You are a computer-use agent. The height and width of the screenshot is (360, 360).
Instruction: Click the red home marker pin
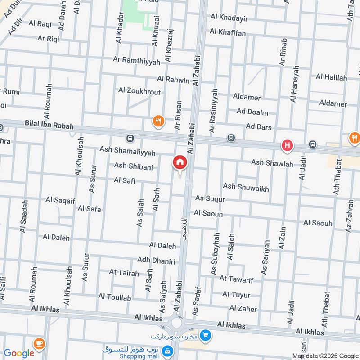[180, 162]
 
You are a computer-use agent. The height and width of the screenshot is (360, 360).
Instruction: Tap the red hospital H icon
[287, 145]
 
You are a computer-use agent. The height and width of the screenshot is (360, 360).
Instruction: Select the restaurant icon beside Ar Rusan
[157, 121]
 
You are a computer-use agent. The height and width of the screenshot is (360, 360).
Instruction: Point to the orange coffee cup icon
[39, 342]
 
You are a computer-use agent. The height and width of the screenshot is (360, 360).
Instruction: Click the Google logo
[19, 353]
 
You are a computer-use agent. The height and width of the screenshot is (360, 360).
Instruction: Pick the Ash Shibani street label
[133, 166]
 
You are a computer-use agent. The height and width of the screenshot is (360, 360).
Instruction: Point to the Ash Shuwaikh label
[246, 187]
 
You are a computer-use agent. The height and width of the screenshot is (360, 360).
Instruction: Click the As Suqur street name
[210, 198]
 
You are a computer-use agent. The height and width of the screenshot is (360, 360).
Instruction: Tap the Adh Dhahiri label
[156, 260]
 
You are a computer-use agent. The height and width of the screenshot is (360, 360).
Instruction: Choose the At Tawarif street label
[236, 279]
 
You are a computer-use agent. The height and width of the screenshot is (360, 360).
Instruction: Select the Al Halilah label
[331, 77]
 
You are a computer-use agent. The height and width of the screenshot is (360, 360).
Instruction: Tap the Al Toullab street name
[115, 297]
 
